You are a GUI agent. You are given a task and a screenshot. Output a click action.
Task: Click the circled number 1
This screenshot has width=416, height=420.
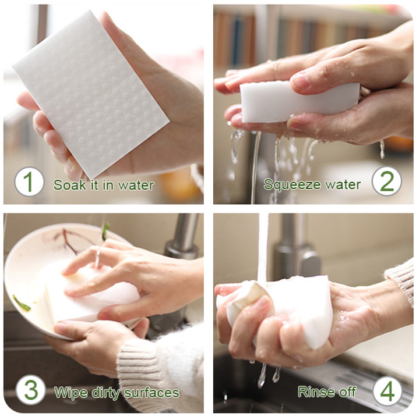click(29, 181)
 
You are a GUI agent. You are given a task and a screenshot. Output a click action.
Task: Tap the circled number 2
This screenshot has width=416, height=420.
click(386, 181)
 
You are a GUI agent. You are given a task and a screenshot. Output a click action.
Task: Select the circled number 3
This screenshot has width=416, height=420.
click(30, 390)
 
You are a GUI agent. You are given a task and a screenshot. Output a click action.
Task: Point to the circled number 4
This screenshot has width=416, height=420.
click(387, 391)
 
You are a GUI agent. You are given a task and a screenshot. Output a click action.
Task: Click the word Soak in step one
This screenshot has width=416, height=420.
click(70, 185)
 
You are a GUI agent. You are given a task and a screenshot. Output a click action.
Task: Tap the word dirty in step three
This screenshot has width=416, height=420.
click(105, 393)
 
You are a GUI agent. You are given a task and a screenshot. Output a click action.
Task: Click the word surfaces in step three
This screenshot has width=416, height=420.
click(151, 393)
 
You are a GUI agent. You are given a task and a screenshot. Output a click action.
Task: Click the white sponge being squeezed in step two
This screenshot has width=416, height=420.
click(297, 102)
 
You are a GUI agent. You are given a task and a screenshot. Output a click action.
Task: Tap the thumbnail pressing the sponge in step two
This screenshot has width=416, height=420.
click(299, 82)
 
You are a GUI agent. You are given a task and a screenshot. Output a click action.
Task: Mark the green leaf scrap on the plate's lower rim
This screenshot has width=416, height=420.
click(22, 304)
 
